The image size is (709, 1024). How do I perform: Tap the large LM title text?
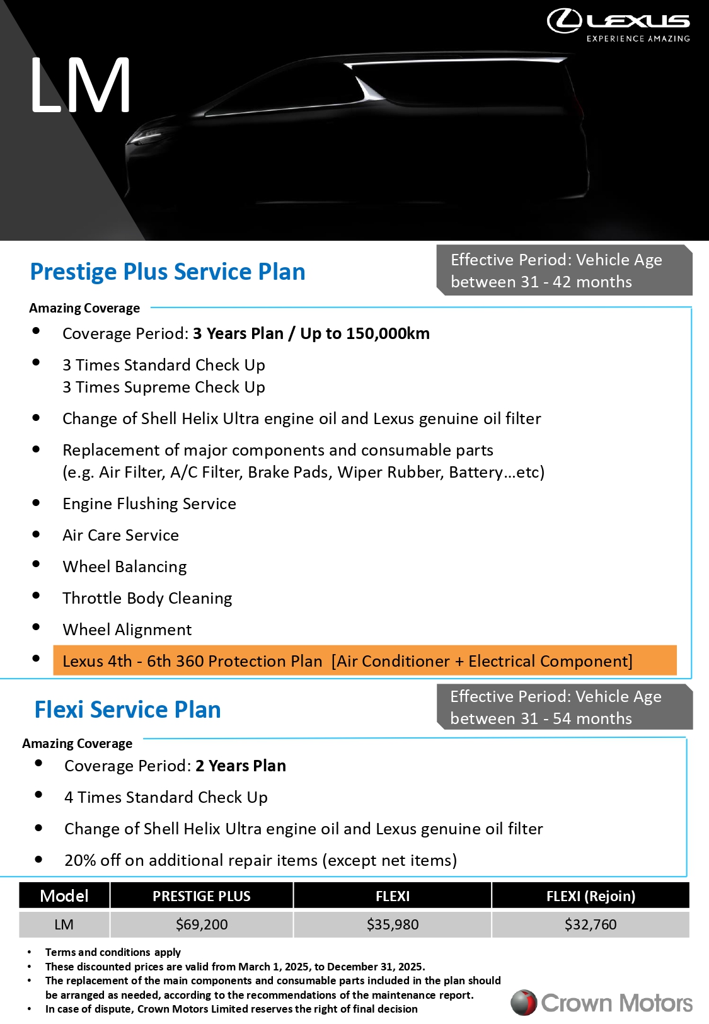pos(80,85)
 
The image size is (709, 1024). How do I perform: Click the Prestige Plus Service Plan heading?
pos(168,272)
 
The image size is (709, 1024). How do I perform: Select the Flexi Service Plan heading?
pos(127,710)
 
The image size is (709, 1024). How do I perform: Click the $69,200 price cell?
pos(202,924)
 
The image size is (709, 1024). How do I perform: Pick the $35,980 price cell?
pos(393,924)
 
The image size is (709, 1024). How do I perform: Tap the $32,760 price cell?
pos(591,924)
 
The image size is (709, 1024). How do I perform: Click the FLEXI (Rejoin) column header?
pos(591,896)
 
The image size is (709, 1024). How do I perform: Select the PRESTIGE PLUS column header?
pos(202,896)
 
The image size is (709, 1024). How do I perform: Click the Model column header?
pos(64,896)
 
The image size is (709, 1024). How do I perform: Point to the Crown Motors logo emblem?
pos(523,1003)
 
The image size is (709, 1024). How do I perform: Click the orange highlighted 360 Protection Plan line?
pos(364,660)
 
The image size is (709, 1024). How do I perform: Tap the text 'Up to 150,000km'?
pos(365,333)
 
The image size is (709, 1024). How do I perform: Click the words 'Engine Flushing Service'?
pos(149,503)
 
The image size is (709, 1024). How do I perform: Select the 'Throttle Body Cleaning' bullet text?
pos(147,598)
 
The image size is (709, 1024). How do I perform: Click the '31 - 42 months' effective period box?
pos(564,270)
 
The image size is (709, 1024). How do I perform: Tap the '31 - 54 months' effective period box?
pos(564,707)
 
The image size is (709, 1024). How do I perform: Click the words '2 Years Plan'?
pos(241,766)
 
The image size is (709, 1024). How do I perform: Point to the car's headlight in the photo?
pos(146,135)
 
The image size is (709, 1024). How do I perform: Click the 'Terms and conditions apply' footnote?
pos(113,952)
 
